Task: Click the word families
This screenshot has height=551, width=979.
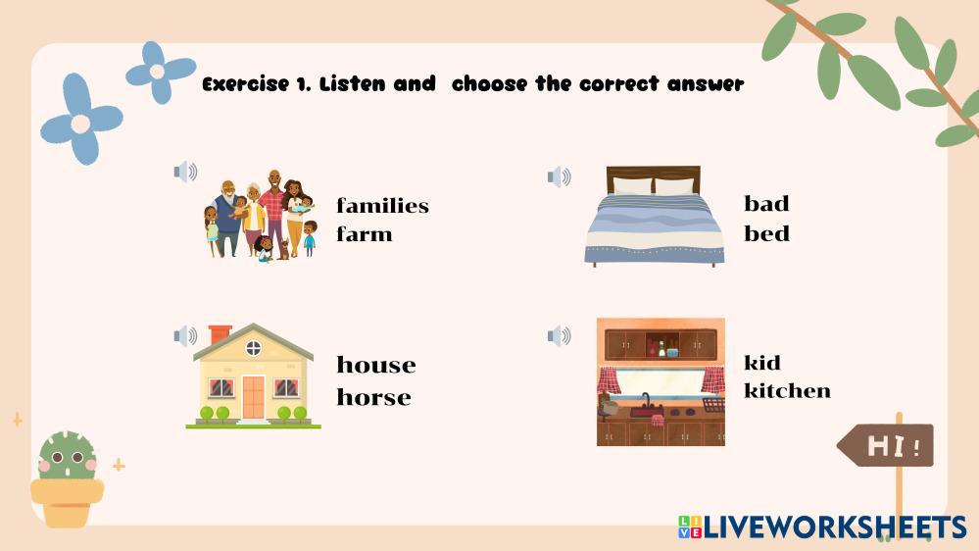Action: [382, 206]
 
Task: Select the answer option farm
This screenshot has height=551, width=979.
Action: [364, 234]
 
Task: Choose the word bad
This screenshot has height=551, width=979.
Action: [766, 204]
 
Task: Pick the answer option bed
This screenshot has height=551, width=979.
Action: [766, 233]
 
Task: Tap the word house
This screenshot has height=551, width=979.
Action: [376, 365]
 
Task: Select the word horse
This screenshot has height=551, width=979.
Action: [373, 397]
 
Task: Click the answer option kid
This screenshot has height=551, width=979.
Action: [761, 363]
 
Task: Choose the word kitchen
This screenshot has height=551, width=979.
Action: [787, 390]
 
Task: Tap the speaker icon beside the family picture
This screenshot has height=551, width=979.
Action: [185, 172]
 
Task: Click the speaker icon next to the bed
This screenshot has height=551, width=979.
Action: [559, 176]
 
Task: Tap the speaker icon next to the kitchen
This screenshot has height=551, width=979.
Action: [559, 335]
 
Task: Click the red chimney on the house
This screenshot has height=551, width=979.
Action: [220, 334]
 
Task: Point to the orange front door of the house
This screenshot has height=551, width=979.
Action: [254, 397]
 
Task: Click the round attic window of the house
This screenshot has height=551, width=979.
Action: [253, 348]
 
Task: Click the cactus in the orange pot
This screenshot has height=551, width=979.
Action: [67, 456]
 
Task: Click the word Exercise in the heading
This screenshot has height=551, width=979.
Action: [245, 84]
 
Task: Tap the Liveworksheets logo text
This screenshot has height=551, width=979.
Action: [822, 527]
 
